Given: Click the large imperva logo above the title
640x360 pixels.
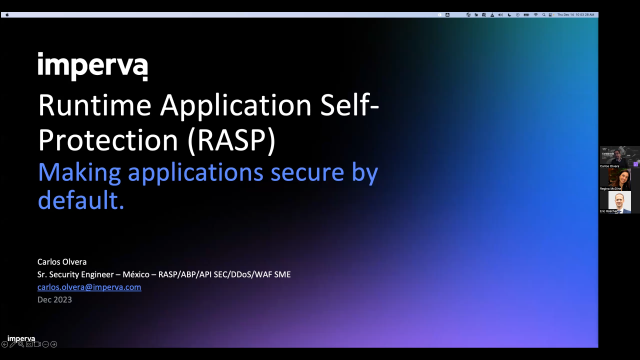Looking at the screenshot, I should (x=92, y=67).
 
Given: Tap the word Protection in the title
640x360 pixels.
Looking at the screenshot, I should (x=101, y=137).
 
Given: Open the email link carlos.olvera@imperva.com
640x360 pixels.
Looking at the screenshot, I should (x=89, y=287).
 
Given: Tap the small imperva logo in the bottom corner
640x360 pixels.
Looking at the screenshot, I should (x=21, y=338).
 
